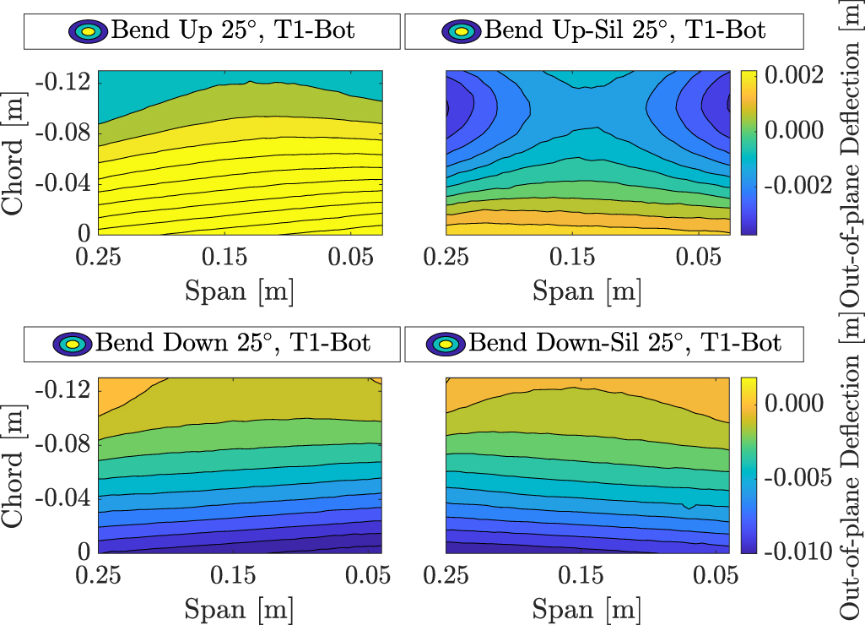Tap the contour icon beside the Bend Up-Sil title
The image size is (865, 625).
461,31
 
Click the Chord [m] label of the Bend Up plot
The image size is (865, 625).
14,151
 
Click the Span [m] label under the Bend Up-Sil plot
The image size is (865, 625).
587,291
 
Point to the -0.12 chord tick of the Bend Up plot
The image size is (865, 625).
66,82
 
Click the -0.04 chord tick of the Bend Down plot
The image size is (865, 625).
66,499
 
